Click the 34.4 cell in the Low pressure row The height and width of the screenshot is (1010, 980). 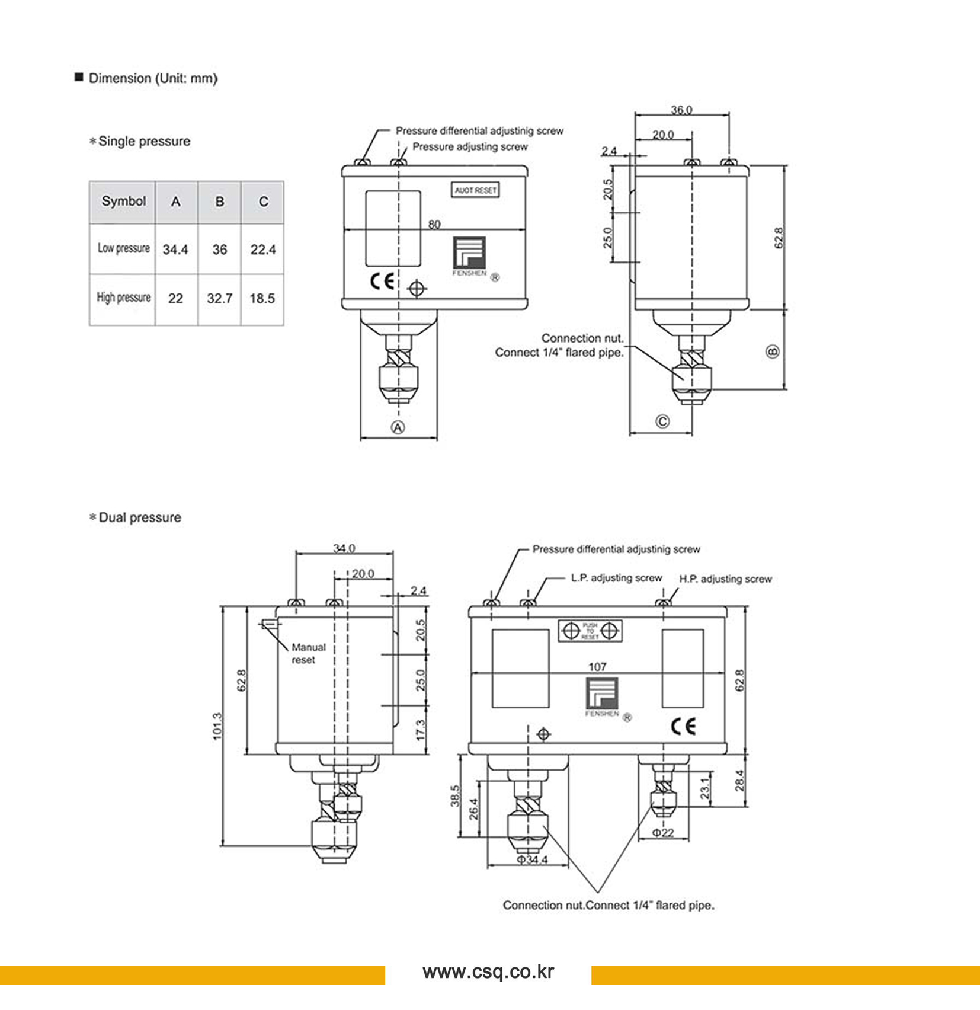[x=175, y=250]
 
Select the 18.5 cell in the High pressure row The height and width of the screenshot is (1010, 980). [x=262, y=298]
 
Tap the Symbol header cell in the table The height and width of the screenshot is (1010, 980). [x=123, y=202]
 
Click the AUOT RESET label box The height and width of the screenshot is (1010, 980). [x=475, y=190]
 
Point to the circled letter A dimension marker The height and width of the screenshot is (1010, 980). [x=398, y=427]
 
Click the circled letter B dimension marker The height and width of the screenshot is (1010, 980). [x=773, y=351]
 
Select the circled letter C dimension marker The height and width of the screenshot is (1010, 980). [x=662, y=421]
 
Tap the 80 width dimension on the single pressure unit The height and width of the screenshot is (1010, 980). [x=434, y=224]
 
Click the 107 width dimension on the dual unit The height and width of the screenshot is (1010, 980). [x=597, y=667]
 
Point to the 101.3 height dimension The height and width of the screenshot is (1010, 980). [x=217, y=725]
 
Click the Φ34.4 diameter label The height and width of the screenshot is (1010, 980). [x=532, y=859]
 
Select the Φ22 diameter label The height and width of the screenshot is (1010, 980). [x=663, y=833]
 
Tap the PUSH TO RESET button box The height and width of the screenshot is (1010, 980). [x=590, y=631]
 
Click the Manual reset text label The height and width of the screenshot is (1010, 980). [x=308, y=653]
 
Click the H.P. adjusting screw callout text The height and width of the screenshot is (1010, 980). [x=725, y=579]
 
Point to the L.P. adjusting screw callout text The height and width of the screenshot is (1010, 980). [x=616, y=578]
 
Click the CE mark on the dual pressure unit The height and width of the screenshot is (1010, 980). [x=683, y=727]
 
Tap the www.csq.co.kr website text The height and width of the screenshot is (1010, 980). [x=488, y=971]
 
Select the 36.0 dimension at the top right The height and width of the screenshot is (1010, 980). [x=681, y=110]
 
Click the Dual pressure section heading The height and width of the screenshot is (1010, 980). [x=139, y=517]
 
